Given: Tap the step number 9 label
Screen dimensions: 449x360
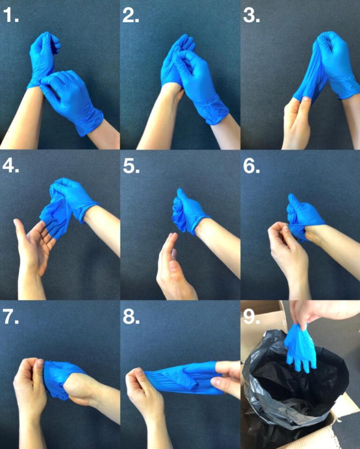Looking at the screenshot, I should [x=252, y=317].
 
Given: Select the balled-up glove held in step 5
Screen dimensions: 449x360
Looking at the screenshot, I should [x=185, y=213].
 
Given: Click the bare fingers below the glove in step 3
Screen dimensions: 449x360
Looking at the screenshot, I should [x=298, y=117].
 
